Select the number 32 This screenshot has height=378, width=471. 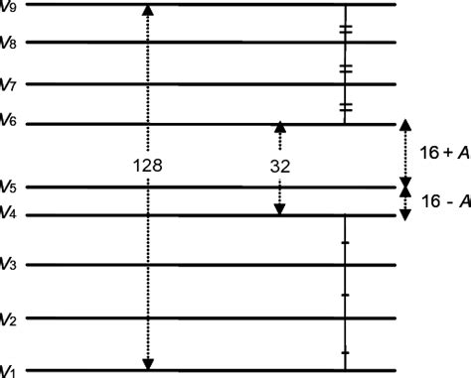[279, 167]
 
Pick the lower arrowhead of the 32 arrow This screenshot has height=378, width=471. [279, 208]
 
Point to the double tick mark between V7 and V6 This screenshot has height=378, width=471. [345, 106]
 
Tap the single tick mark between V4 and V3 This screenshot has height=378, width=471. [345, 241]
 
